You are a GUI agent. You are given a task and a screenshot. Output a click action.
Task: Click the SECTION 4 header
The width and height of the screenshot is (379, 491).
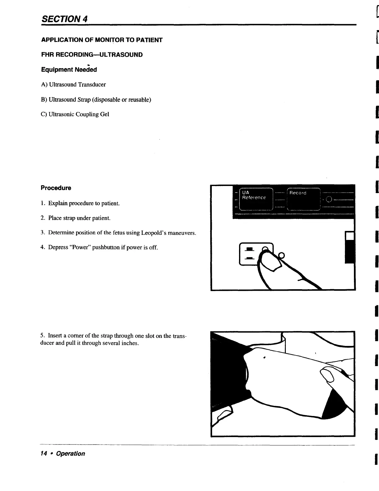64,19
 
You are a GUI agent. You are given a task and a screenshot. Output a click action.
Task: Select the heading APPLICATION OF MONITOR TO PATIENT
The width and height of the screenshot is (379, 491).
102,40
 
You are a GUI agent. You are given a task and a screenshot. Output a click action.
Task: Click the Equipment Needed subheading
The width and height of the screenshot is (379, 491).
69,70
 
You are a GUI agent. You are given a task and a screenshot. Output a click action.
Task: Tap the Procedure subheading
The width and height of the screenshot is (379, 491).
56,188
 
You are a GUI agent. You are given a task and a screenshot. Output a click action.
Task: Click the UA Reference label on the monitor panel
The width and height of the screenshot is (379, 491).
254,195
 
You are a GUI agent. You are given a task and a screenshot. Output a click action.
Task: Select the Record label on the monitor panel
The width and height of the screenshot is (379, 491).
298,193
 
